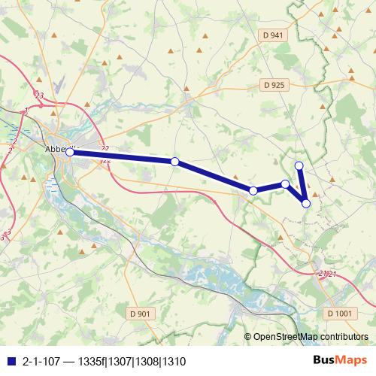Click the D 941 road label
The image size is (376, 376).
tap(274, 35)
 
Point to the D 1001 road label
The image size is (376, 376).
tap(340, 314)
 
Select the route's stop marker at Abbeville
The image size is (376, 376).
tap(69, 152)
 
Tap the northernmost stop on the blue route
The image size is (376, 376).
tap(299, 165)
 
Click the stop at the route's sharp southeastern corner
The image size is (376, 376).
tap(306, 202)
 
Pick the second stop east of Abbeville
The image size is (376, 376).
tap(253, 191)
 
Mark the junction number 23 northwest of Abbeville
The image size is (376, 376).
tap(39, 96)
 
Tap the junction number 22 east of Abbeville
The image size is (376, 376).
tap(105, 149)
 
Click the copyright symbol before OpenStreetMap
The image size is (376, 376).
tap(248, 337)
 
